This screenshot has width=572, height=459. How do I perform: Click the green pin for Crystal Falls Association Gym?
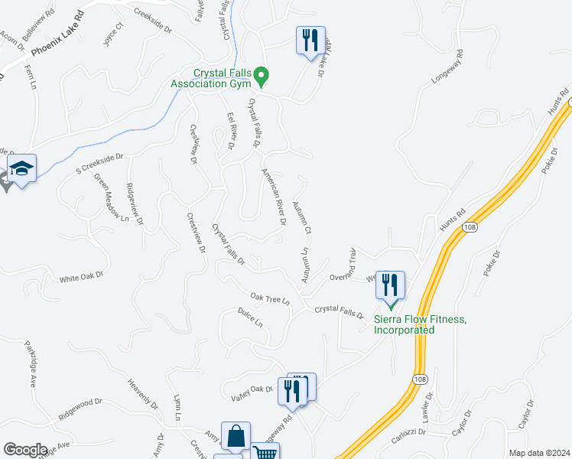pos(262,76)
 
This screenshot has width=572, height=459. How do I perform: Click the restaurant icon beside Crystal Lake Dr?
pos(310,40)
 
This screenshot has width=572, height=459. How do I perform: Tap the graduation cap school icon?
pos(22,168)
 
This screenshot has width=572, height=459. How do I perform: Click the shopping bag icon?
pos(236,436)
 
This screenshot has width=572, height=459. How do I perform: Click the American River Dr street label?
pos(274,197)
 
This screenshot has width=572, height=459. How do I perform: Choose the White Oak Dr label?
pos(81,277)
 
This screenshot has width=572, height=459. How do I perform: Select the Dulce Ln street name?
pos(250,317)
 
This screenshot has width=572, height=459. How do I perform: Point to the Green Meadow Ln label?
pos(111,197)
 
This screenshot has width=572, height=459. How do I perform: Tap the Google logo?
pos(25,449)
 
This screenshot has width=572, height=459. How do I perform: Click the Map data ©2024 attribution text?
pos(539,453)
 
